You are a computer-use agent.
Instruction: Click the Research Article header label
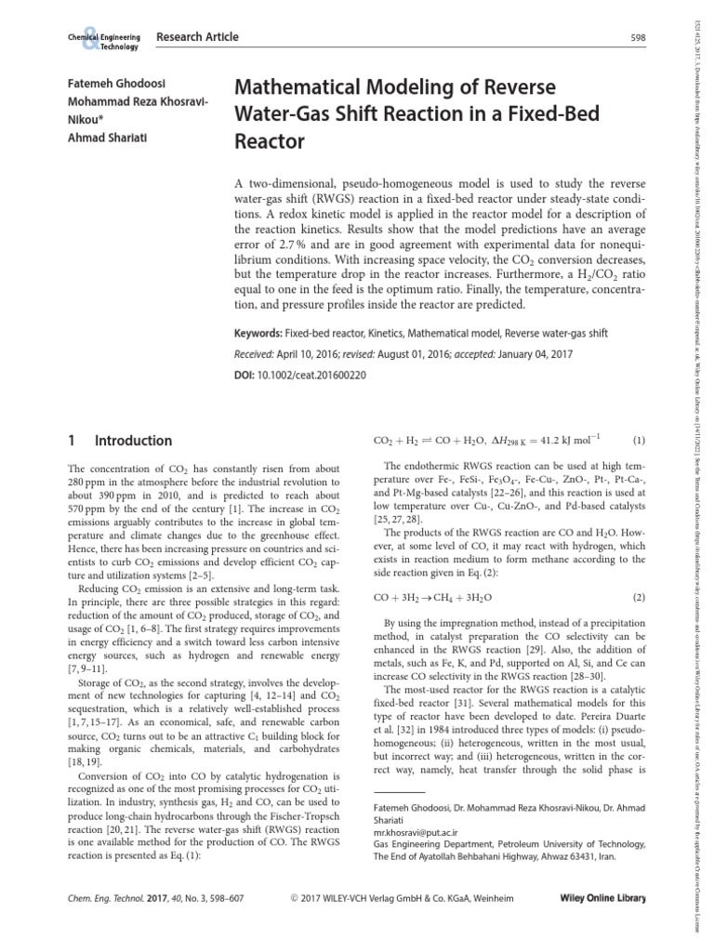(x=197, y=37)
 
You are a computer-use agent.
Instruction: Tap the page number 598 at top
(x=637, y=38)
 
